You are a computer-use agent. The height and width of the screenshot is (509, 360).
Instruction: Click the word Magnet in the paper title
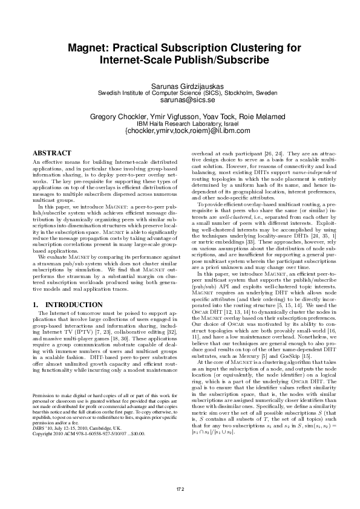85,47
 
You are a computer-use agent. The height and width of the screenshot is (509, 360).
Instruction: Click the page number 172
180,487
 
